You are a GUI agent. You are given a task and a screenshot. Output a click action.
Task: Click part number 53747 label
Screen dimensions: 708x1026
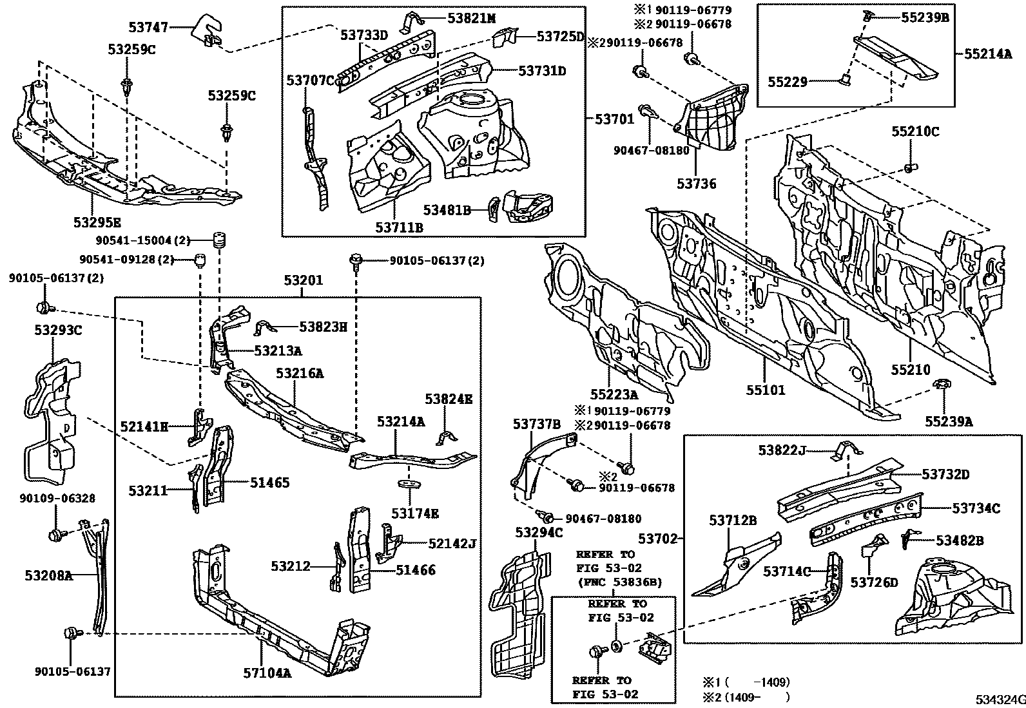click(148, 27)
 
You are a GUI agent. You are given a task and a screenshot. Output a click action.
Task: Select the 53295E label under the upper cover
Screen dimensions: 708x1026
click(97, 223)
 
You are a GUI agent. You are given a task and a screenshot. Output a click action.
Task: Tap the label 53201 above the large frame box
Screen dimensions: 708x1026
click(303, 281)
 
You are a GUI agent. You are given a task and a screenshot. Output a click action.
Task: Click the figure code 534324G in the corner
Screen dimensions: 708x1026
click(998, 699)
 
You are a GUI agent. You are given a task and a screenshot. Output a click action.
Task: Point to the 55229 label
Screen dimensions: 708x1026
click(787, 82)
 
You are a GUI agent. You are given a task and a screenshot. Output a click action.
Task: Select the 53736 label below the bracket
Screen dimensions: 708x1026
click(696, 184)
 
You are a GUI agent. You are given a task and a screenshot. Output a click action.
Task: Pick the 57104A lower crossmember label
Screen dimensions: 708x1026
click(267, 673)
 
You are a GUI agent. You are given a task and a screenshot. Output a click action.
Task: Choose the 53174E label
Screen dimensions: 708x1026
click(415, 513)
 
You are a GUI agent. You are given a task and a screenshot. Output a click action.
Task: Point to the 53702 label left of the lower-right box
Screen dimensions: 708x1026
click(658, 539)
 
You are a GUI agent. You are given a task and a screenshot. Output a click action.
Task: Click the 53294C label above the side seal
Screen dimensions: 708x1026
click(539, 532)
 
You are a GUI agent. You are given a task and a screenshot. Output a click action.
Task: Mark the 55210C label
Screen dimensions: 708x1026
click(915, 132)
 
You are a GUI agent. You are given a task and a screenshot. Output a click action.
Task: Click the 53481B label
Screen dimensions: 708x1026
click(447, 209)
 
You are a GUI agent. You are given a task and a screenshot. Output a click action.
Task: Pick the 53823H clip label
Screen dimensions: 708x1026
click(323, 327)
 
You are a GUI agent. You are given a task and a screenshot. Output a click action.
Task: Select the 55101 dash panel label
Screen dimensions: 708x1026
click(767, 390)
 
